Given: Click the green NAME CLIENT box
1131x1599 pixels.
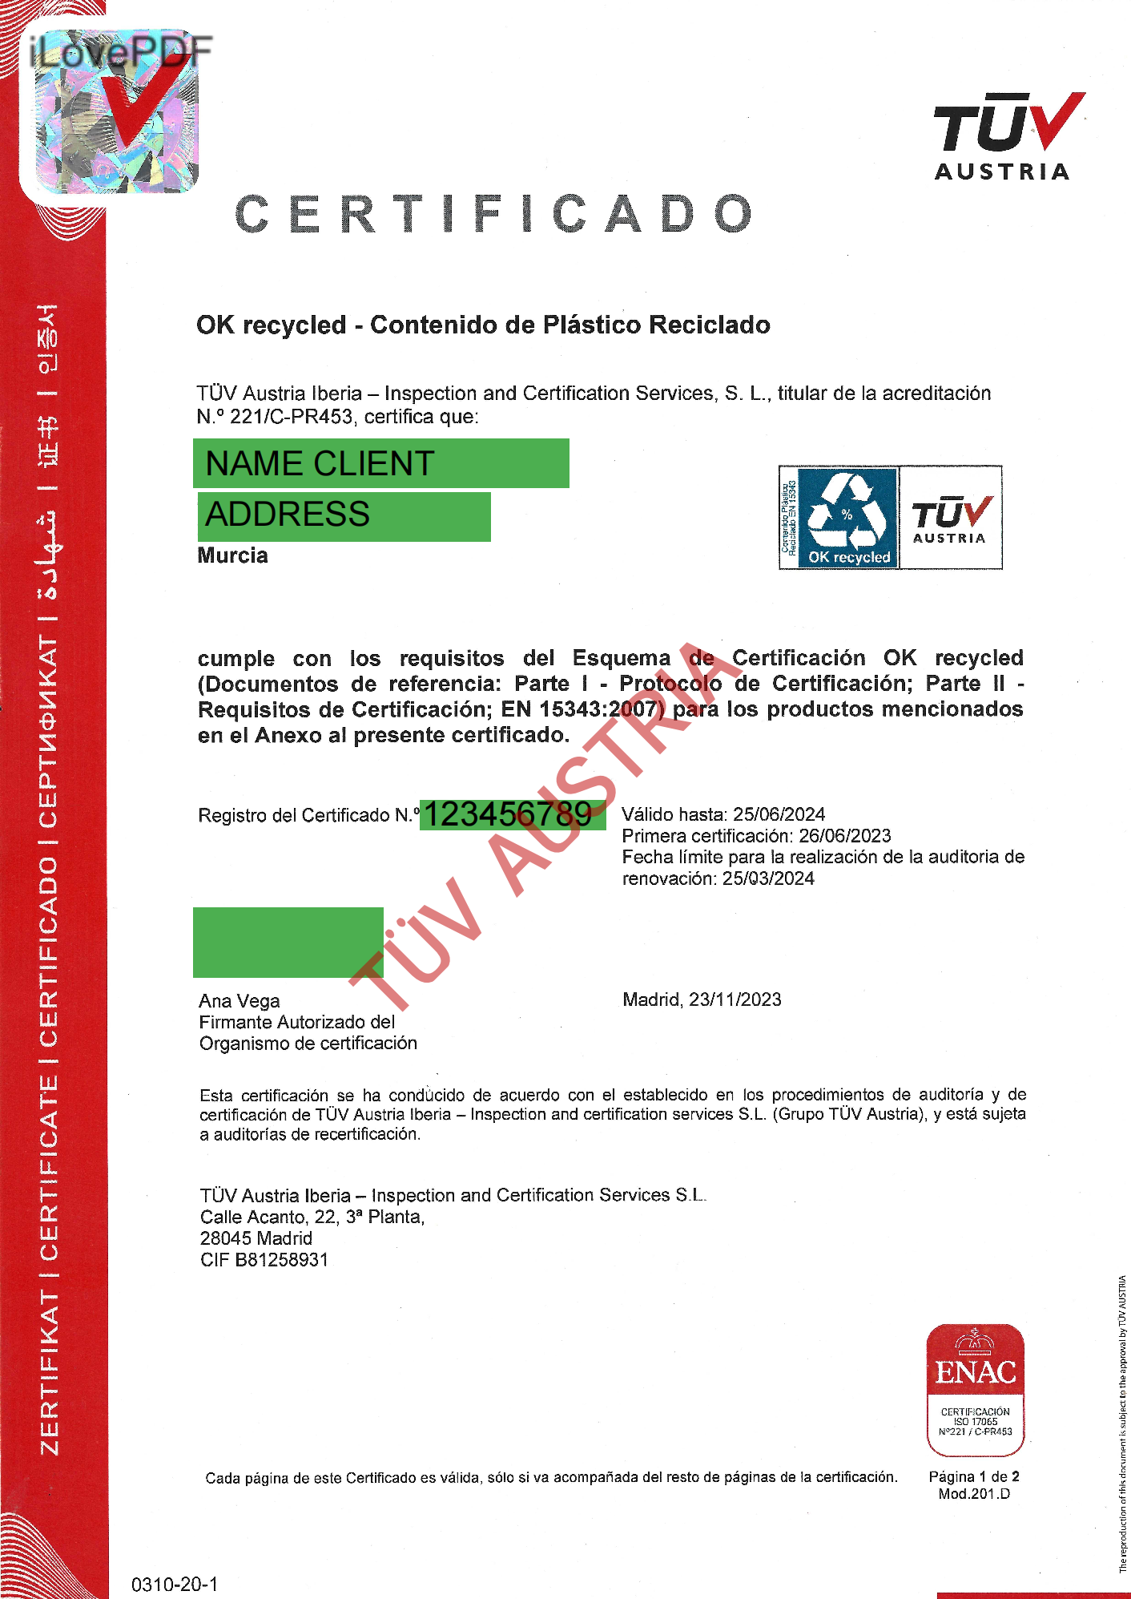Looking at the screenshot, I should (x=380, y=463).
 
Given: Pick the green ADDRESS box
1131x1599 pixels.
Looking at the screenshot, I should (x=344, y=515).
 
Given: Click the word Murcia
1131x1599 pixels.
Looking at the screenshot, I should (x=232, y=555).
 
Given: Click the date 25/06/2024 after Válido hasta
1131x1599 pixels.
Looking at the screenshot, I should (x=779, y=814).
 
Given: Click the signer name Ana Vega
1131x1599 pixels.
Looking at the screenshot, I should (x=239, y=1001).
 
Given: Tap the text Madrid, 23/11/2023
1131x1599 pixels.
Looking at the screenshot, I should (x=702, y=999).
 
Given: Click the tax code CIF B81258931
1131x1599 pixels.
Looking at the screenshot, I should (x=264, y=1260).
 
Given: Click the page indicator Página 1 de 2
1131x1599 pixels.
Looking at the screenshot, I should (x=973, y=1476).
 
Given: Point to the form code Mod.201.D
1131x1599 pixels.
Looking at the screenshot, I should (x=974, y=1494).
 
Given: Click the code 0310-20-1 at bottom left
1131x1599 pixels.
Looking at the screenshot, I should (x=175, y=1584).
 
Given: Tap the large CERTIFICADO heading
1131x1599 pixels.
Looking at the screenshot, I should (x=494, y=214).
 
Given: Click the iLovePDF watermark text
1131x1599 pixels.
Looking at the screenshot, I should (x=120, y=52).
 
